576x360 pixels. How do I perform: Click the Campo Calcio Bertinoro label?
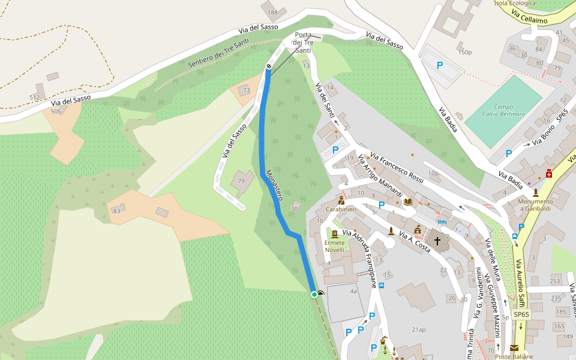tap(503, 110)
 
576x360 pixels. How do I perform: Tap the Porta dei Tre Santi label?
tap(303, 43)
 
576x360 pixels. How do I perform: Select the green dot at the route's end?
tap(314, 294)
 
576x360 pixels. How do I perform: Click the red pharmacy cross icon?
tap(548, 173)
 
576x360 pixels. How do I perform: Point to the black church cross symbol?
tap(437, 241)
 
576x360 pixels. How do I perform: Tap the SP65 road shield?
tap(521, 314)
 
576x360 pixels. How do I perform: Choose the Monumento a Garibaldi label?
tap(535, 205)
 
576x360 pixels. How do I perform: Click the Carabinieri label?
tap(341, 209)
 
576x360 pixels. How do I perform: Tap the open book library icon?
tap(409, 202)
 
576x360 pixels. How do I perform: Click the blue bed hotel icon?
tap(442, 221)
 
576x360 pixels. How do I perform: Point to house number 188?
tap(273, 13)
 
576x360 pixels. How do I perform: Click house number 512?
tap(34, 97)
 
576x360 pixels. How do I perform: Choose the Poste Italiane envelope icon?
tap(514, 348)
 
